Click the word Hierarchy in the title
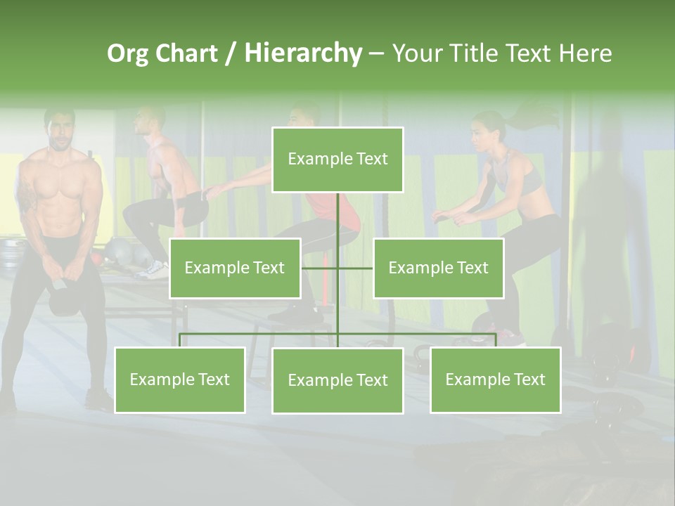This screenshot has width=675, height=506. click(x=302, y=53)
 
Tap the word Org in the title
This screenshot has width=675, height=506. click(x=127, y=53)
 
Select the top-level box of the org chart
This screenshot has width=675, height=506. click(x=337, y=160)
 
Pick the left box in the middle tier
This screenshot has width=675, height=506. click(x=235, y=268)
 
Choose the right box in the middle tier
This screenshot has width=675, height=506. click(x=438, y=268)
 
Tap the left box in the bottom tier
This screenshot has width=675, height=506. click(x=179, y=379)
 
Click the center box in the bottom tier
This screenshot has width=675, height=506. click(x=337, y=380)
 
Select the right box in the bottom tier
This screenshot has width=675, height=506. click(x=495, y=379)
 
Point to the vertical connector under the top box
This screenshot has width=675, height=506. click(x=337, y=218)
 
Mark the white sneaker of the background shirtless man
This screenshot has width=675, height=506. click(x=153, y=270)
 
